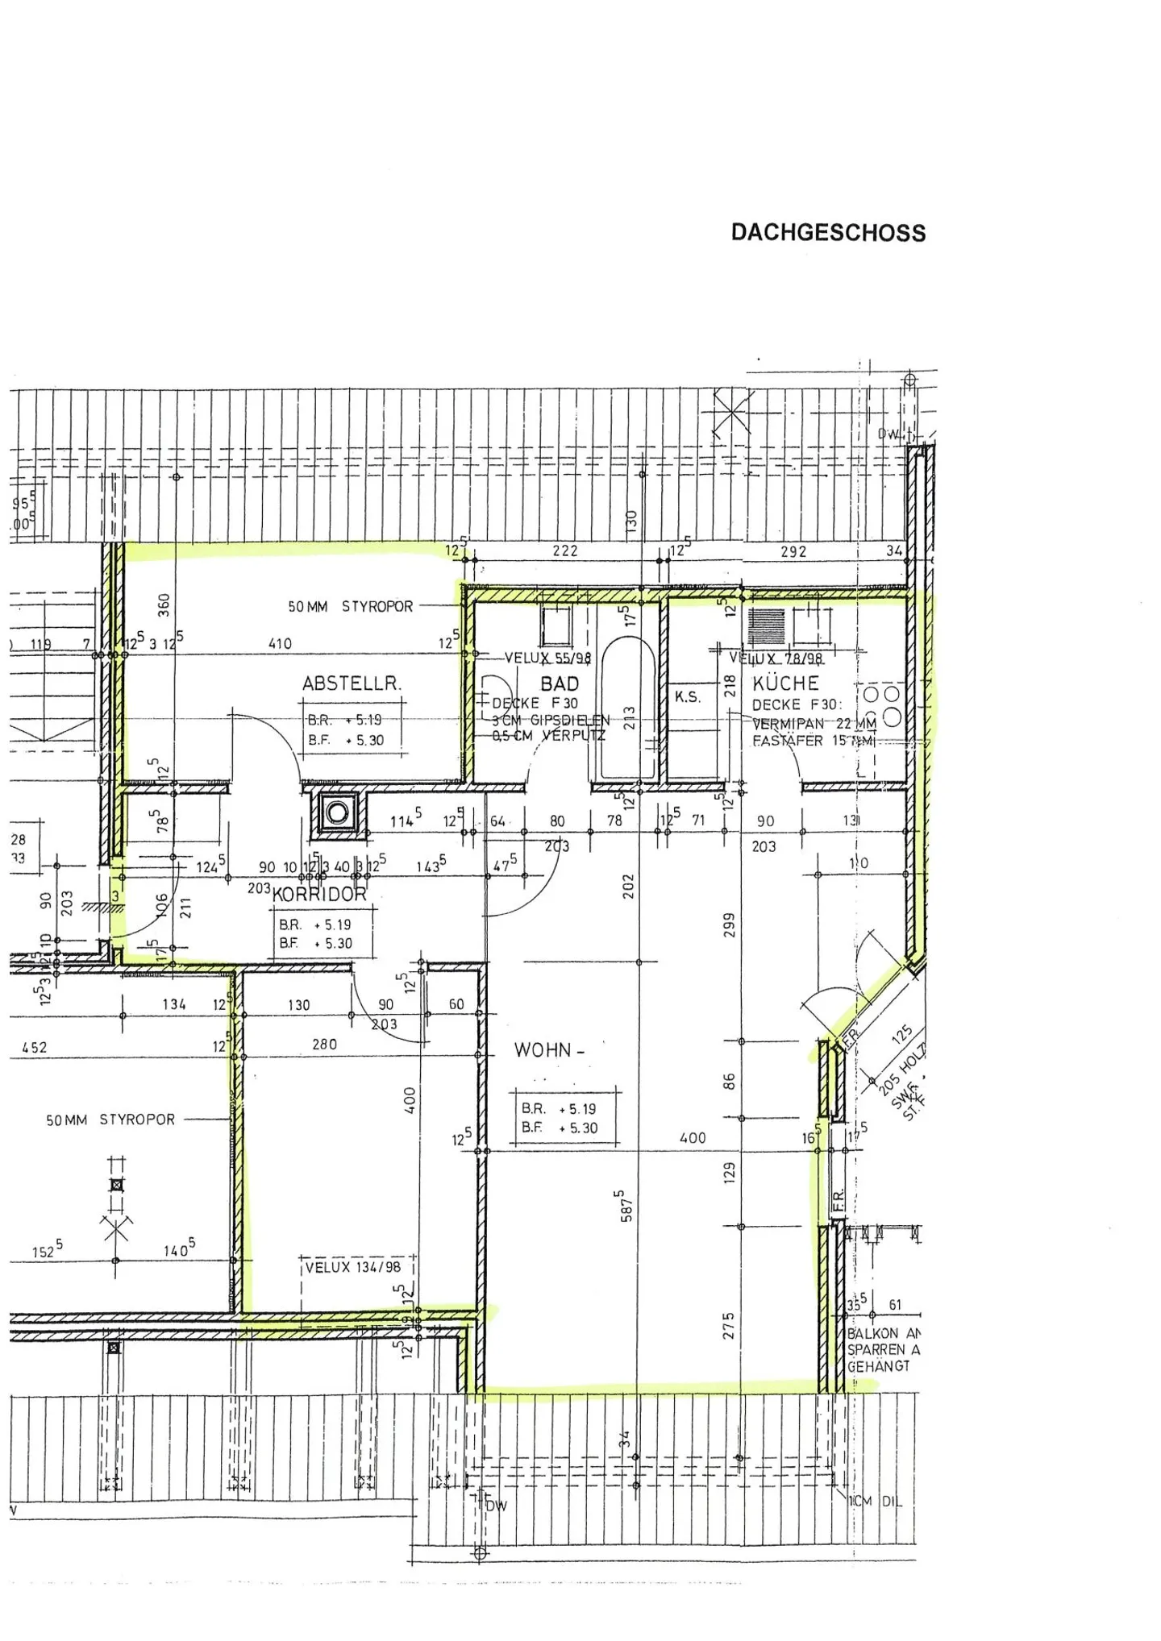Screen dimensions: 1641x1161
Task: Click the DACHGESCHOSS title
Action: [828, 233]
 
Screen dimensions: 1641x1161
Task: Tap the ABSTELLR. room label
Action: [352, 683]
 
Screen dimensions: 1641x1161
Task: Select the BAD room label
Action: [560, 683]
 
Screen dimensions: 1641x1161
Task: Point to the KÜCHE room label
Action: [785, 683]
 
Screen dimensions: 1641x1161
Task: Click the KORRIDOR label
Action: [319, 894]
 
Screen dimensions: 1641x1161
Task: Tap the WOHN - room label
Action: [549, 1050]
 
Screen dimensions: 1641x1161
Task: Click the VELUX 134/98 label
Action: [352, 1267]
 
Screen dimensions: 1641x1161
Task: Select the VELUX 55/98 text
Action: [548, 658]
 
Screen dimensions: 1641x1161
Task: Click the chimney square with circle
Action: [337, 812]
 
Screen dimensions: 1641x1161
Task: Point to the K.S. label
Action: [688, 697]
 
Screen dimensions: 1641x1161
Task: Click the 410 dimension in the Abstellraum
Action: [280, 643]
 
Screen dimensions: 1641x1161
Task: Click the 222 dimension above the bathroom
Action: [564, 551]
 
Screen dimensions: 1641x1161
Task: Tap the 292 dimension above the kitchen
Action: [793, 552]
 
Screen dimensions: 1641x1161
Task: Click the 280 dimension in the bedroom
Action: [324, 1044]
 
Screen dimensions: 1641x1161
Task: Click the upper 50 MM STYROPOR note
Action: [351, 606]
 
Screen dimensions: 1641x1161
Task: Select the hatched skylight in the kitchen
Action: [765, 626]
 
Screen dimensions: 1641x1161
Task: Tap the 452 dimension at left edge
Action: [34, 1048]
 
